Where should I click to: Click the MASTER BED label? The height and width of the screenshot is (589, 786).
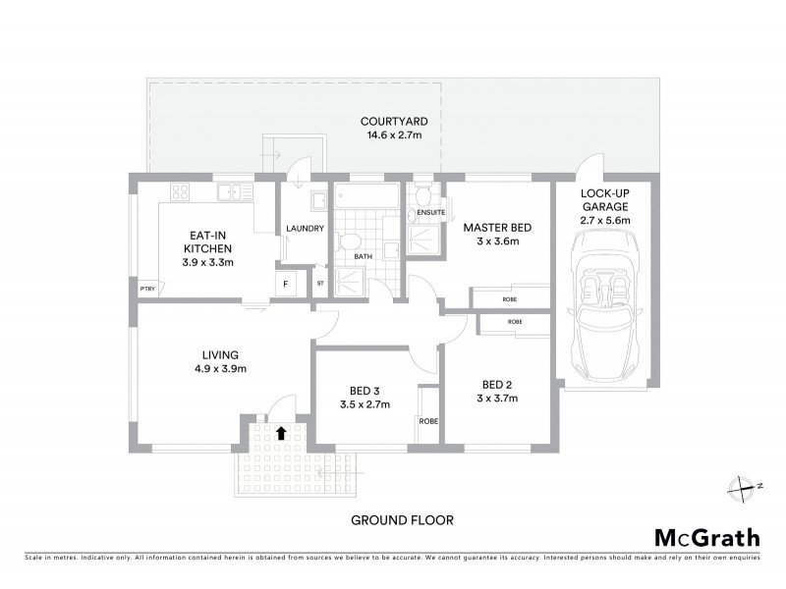(x=497, y=228)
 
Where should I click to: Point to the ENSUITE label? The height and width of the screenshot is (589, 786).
(x=429, y=212)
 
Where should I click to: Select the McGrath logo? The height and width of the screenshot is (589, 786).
(x=706, y=537)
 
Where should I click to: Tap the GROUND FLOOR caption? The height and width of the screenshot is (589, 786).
(x=402, y=520)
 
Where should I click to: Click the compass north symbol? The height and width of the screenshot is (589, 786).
(x=740, y=486)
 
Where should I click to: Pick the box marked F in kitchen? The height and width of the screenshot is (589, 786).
(x=286, y=284)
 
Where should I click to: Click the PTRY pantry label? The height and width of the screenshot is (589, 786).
(x=147, y=288)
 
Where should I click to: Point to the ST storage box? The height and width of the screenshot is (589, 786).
(x=319, y=284)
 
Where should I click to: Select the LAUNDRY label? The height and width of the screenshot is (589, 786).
(x=305, y=229)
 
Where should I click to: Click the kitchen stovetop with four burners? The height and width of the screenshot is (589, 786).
(x=180, y=191)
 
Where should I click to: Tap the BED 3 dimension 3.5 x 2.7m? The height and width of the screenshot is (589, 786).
(x=365, y=403)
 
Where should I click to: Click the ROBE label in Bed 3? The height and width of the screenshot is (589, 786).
(x=428, y=421)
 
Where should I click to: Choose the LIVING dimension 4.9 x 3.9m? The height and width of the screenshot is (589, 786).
(x=220, y=369)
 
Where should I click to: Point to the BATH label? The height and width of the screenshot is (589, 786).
(x=363, y=257)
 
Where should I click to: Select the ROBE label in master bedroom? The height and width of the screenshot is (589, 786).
(x=509, y=298)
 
